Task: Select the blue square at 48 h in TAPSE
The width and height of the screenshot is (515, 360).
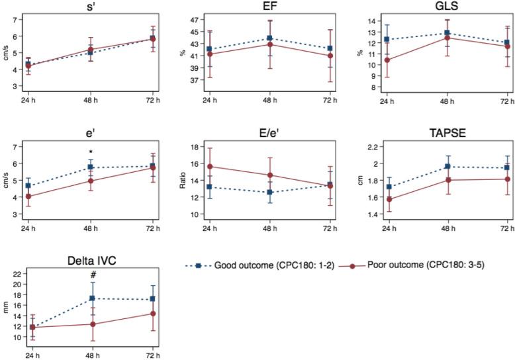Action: (447, 167)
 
